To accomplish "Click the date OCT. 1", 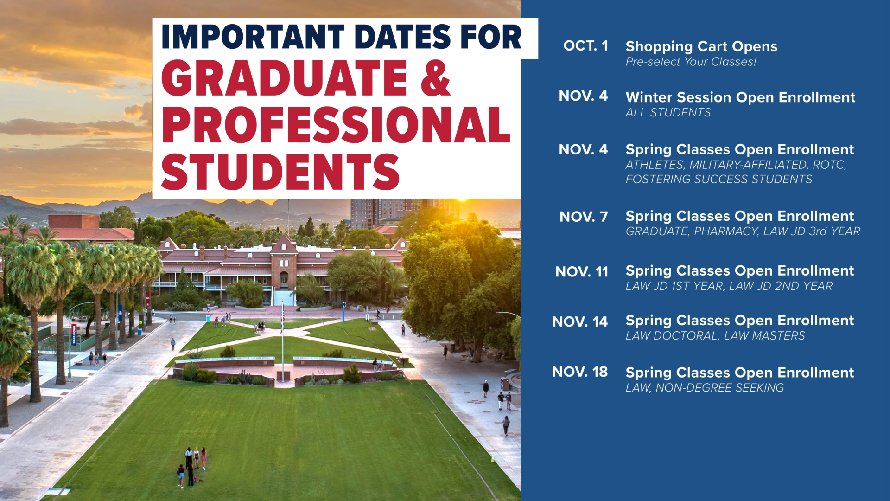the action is click(x=585, y=46).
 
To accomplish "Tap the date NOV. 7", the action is click(x=584, y=217).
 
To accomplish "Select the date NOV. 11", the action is click(x=582, y=271).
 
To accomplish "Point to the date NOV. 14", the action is click(x=580, y=321).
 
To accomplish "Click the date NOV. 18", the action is click(x=580, y=372).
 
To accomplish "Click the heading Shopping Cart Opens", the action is click(x=701, y=47).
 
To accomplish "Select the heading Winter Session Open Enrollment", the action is click(x=740, y=97).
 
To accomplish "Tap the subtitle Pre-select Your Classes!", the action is click(x=691, y=62).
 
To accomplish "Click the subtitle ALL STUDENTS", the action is click(x=668, y=113).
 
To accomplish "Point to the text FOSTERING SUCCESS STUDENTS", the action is click(x=718, y=179).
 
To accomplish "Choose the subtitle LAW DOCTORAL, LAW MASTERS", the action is click(x=715, y=336).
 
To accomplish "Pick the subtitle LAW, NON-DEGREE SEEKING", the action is click(x=705, y=388).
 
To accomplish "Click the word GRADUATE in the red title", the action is click(x=284, y=78).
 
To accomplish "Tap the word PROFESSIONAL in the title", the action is click(x=336, y=125).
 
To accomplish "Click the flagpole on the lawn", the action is click(x=282, y=341).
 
